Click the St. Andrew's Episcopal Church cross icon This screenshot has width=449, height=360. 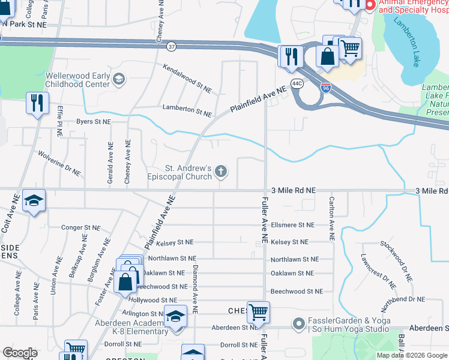pos(221,172)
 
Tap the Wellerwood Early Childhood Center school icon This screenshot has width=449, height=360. pos(119,79)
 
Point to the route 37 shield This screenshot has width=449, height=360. pos(172,46)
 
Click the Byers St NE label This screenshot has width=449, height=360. pos(94,121)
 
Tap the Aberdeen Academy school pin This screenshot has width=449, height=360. pos(175,316)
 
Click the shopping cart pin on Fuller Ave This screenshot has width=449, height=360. pos(258,311)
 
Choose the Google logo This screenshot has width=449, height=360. pos(20,353)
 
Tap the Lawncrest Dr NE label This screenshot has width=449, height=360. pos(378,273)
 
